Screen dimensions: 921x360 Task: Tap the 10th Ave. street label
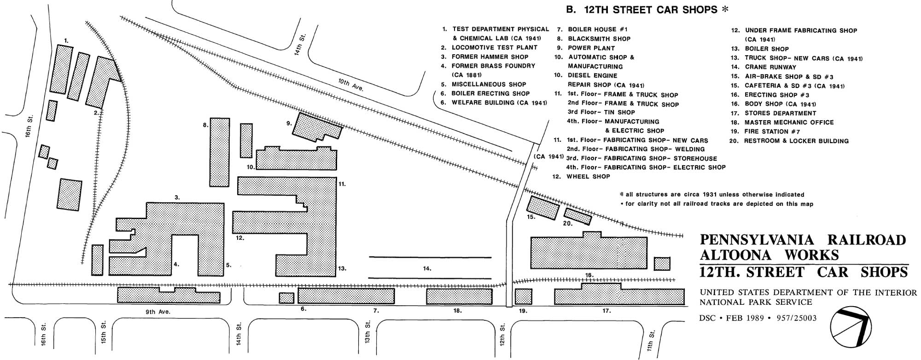[351, 85]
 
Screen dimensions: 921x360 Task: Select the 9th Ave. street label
[157, 312]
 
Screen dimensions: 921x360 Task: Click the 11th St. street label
[652, 339]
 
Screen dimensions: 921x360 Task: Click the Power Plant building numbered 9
[317, 127]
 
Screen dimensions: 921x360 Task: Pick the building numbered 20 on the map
[578, 216]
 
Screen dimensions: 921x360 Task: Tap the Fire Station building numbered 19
[523, 296]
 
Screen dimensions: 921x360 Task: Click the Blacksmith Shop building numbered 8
[220, 152]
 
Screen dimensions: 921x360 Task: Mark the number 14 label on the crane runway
[427, 268]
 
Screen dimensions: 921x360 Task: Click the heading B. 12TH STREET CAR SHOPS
[641, 10]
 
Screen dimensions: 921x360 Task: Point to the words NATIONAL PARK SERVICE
[756, 302]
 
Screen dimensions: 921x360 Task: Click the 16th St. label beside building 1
[29, 127]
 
